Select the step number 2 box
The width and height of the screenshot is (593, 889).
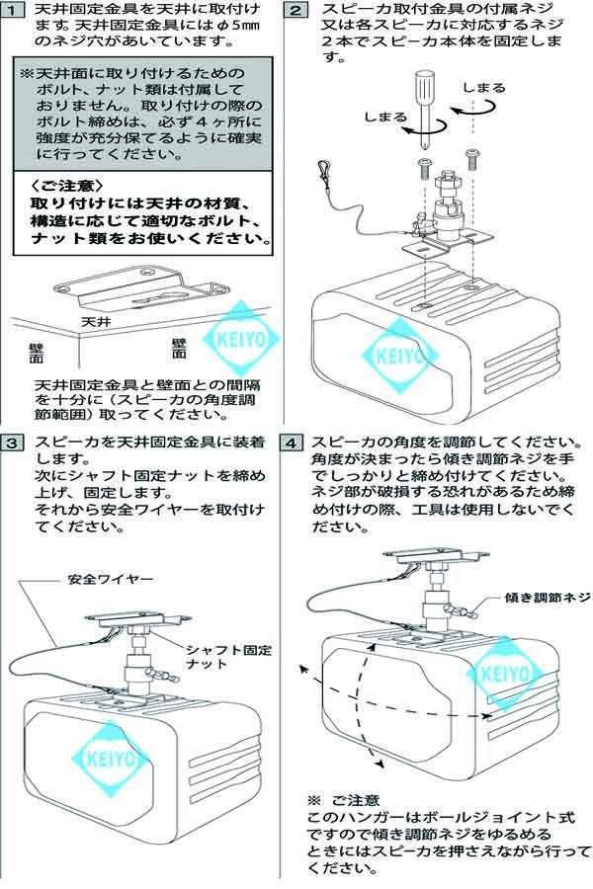(296, 11)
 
